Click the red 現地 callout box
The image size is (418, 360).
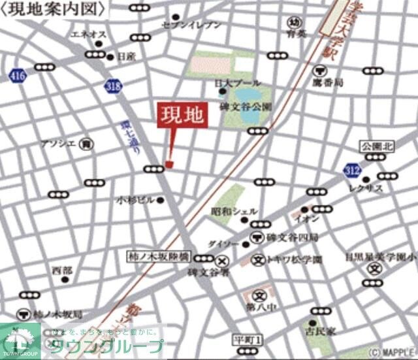(182, 116)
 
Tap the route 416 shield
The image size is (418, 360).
(18, 77)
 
